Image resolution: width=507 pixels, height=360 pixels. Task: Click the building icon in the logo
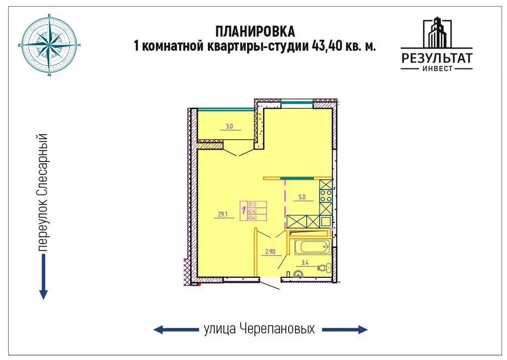click(x=436, y=35)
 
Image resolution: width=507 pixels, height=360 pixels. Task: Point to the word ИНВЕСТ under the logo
click(x=436, y=69)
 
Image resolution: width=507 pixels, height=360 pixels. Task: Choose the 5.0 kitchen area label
click(x=303, y=197)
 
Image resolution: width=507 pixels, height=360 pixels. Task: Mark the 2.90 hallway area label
click(x=270, y=252)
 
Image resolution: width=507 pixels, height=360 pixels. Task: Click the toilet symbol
click(x=325, y=268)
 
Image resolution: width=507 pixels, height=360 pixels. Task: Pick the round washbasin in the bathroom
click(x=299, y=273)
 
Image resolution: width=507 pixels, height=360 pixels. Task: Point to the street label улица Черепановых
click(x=259, y=329)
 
